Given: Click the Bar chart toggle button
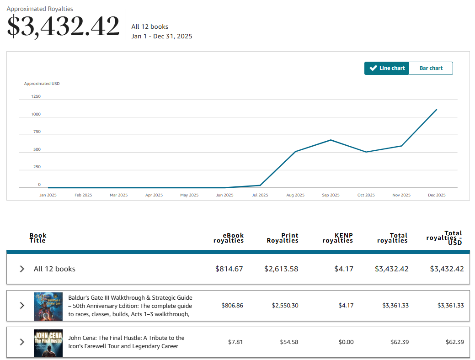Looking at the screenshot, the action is pos(431,68).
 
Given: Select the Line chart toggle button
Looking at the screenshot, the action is pos(387,68).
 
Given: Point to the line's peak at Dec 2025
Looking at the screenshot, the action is pos(437,109).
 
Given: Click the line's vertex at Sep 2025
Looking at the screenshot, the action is pos(331,140).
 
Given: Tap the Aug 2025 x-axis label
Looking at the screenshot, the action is pos(295,195).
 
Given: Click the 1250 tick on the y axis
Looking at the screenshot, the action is pos(36,96).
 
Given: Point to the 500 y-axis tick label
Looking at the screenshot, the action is pos(37,149).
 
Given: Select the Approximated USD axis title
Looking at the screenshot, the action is pos(42,84).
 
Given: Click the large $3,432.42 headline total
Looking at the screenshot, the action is pos(63,26).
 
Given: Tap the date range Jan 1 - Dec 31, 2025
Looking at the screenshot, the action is pos(162,37).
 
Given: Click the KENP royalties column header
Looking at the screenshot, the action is pos(338,238).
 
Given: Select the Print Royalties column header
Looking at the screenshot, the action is pos(283,238).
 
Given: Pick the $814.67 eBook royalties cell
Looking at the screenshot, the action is pos(229,269).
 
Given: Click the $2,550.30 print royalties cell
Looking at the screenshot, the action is pos(285,306).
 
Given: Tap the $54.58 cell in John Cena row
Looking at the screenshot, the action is pos(289,342).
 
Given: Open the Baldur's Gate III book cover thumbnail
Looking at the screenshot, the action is pos(48,307).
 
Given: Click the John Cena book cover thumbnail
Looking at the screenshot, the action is pos(48,344).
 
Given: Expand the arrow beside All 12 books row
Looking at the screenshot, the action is pos(22,269).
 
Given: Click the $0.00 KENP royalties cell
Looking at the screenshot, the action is pos(346,342).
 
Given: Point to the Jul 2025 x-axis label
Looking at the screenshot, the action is pos(260,195).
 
